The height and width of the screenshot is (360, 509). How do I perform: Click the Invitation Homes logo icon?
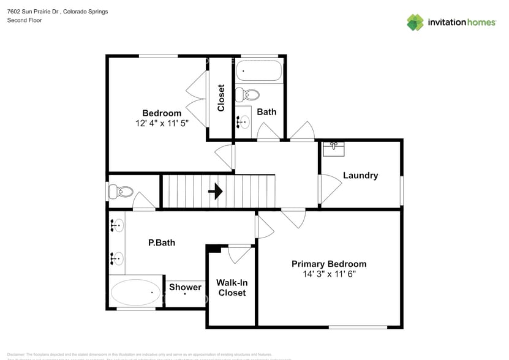point(415,23)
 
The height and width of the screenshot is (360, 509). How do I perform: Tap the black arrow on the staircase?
point(216,192)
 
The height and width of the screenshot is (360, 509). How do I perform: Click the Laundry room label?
point(360,176)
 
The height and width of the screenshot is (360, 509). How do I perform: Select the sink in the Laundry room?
point(334,148)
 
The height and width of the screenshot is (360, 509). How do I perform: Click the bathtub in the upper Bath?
point(259,71)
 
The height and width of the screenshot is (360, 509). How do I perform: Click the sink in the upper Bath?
point(243,121)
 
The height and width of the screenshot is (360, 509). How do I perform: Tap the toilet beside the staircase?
point(119,192)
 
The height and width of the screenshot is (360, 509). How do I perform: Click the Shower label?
point(185,287)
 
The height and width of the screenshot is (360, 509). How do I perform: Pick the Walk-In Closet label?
point(232,288)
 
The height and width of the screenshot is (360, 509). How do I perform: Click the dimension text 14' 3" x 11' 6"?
point(329,274)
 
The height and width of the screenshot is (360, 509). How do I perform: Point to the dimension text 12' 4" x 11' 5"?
point(162,123)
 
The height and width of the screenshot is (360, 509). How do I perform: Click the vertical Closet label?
point(221,98)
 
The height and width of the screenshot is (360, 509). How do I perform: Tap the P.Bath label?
point(162,242)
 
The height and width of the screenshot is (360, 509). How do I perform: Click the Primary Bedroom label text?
point(329,264)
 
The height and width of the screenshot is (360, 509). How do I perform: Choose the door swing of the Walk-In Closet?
point(238,254)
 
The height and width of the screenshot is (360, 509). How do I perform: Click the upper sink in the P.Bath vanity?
point(117,225)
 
